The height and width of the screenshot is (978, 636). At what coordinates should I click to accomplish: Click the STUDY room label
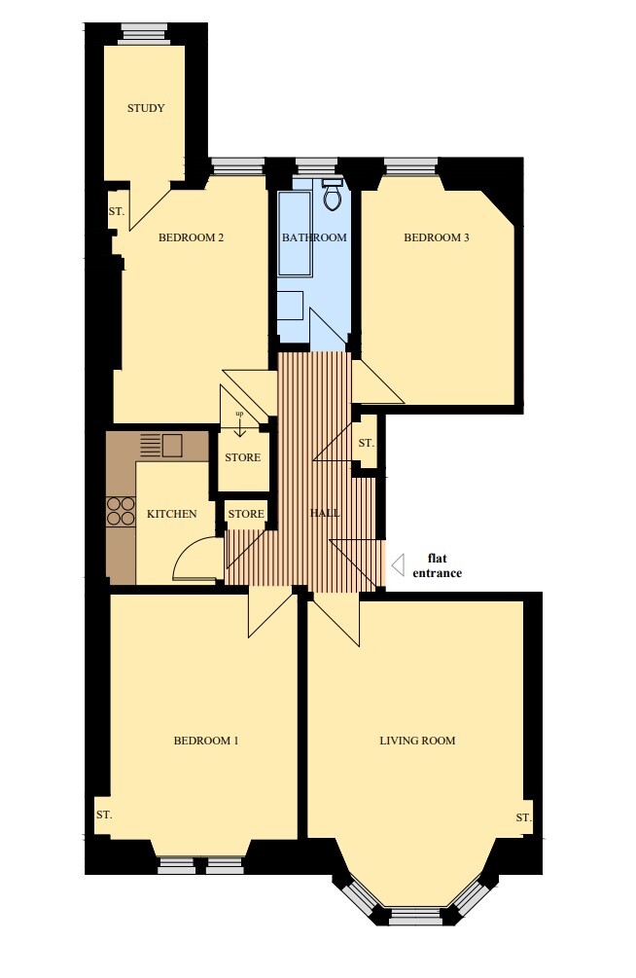(x=146, y=108)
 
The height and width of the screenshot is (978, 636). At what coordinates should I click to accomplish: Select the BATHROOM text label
(x=314, y=237)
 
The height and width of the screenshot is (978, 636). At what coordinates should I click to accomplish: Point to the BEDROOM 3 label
(x=437, y=237)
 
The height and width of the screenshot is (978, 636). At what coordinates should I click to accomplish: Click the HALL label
(x=325, y=513)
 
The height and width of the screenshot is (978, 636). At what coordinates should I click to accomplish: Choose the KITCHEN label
(x=171, y=514)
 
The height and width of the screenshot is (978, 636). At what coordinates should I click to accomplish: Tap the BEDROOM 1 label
(x=206, y=741)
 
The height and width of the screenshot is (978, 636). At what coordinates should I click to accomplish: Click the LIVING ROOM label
(x=417, y=741)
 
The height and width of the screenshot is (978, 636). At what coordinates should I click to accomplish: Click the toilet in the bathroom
(x=333, y=195)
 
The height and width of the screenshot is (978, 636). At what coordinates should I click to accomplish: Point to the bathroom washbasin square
(x=291, y=306)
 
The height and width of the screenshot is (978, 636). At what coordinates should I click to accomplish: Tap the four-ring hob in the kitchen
(x=122, y=511)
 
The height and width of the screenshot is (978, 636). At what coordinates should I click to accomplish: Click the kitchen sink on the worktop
(x=172, y=446)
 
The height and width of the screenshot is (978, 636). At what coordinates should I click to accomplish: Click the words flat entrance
(x=438, y=565)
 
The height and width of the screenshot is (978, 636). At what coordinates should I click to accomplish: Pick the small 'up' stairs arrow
(x=239, y=419)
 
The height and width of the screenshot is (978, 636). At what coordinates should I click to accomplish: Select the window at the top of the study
(x=146, y=34)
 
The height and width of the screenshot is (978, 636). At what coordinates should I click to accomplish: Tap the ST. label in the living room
(x=524, y=817)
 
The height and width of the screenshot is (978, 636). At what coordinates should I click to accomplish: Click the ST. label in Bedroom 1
(x=104, y=815)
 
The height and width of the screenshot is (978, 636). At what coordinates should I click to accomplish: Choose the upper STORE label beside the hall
(x=242, y=457)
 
